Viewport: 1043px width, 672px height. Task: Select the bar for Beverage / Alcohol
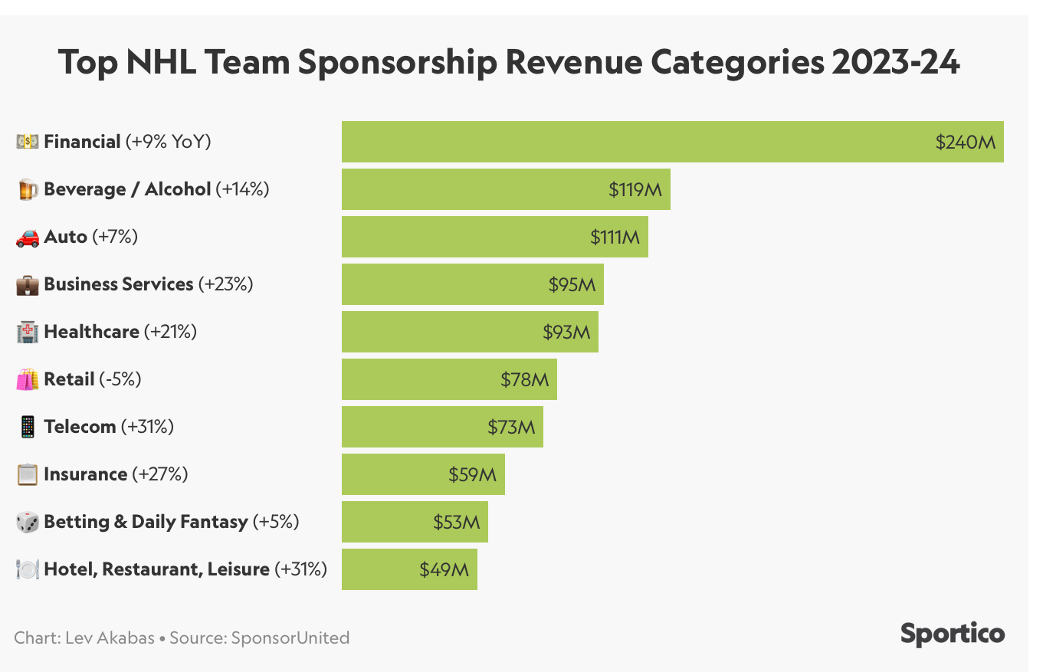click(x=506, y=189)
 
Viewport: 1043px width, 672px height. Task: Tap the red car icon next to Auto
click(x=28, y=238)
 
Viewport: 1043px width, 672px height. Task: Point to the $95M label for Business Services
click(x=572, y=284)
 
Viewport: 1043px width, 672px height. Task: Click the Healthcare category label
click(x=92, y=332)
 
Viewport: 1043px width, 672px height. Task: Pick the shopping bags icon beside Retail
click(x=28, y=379)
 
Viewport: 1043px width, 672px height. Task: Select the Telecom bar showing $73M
click(x=442, y=427)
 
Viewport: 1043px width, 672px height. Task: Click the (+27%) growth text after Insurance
click(x=160, y=474)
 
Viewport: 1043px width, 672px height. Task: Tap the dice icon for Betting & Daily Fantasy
click(x=28, y=522)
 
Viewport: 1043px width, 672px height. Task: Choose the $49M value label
click(x=444, y=569)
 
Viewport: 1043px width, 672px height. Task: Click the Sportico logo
click(x=952, y=634)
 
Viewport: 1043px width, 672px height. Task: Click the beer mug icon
click(x=28, y=189)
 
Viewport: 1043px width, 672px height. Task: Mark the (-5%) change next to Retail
click(x=120, y=379)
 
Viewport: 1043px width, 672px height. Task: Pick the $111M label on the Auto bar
click(x=615, y=237)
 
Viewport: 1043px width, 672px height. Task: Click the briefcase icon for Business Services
click(x=28, y=285)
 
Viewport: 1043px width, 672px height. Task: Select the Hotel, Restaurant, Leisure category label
click(x=157, y=569)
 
